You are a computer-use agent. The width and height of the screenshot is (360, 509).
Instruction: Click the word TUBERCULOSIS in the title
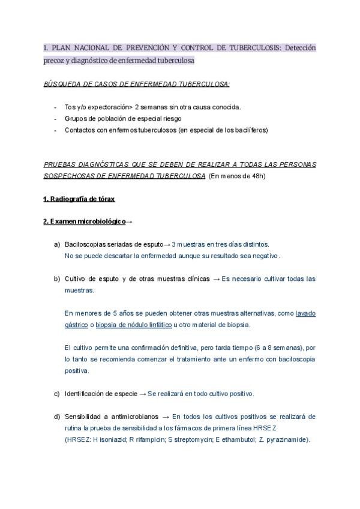250,47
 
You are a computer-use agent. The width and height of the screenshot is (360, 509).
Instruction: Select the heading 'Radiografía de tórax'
79,199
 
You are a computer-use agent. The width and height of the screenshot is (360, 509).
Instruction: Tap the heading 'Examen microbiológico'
84,221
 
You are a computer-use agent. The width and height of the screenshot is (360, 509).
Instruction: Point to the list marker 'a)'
57,244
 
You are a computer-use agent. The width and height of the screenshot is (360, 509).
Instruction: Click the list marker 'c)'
57,394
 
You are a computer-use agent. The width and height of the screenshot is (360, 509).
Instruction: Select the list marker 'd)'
57,417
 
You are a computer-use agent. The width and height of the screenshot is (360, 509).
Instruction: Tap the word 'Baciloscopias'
83,244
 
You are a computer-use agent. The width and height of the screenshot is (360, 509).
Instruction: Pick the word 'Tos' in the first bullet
70,107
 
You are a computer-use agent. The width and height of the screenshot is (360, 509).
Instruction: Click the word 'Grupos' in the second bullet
76,118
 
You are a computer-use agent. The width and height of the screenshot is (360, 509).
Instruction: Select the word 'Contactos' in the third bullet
80,130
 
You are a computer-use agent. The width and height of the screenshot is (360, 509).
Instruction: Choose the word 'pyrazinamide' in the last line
286,439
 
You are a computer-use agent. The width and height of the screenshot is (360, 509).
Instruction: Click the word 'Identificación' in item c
86,394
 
